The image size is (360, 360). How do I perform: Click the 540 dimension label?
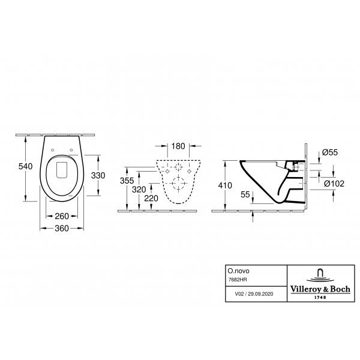[25, 166]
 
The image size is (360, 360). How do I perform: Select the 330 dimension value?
[98, 175]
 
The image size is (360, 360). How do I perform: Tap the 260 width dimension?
[62, 216]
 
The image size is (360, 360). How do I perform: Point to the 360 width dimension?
[62, 228]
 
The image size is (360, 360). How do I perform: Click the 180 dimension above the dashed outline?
[178, 146]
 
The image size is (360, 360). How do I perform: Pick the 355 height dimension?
[127, 181]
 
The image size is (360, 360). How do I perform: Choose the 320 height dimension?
[139, 190]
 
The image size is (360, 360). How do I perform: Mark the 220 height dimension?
[151, 198]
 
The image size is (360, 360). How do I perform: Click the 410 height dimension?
[225, 185]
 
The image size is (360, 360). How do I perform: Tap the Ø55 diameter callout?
[330, 152]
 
